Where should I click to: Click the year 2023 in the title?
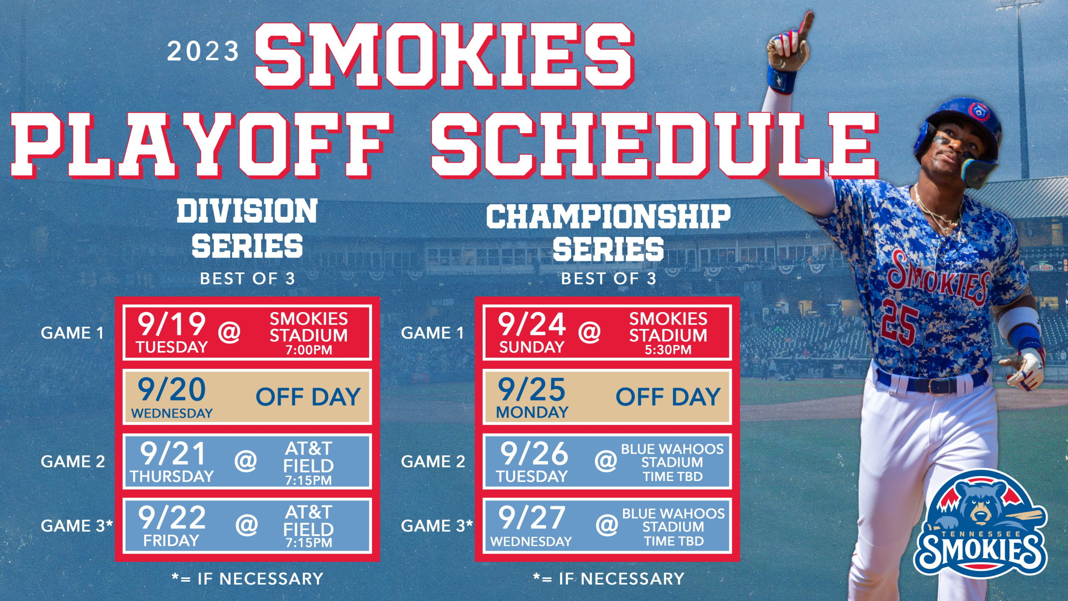coord(203,51)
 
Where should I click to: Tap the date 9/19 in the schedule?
coord(172,324)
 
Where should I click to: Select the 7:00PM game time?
coord(309,350)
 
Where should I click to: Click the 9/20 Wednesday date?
coord(172,397)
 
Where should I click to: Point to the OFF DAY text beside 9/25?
coord(668,397)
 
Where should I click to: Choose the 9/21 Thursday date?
coord(172,462)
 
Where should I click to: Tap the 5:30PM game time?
coord(668,350)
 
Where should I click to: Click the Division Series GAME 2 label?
coord(73,462)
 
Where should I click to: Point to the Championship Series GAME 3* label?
coord(437,526)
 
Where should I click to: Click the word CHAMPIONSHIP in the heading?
coord(608,216)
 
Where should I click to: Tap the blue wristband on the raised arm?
coord(781,79)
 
